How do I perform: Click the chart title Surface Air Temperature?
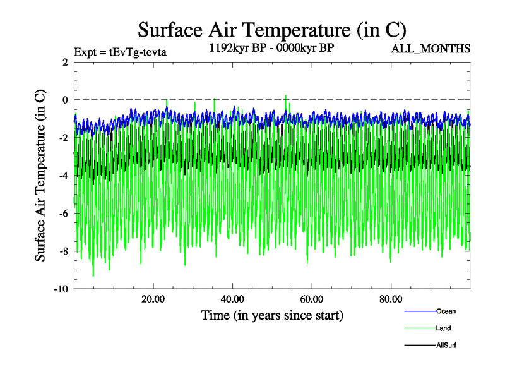(x=271, y=30)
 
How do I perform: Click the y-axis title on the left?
(x=39, y=176)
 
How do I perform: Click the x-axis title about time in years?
(x=272, y=315)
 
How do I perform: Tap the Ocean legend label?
(x=446, y=311)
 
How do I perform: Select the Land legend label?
(x=443, y=328)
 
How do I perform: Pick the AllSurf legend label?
(x=446, y=345)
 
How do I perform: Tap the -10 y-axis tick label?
(x=61, y=289)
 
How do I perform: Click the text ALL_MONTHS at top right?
(x=431, y=49)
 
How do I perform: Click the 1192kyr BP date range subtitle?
(x=271, y=48)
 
